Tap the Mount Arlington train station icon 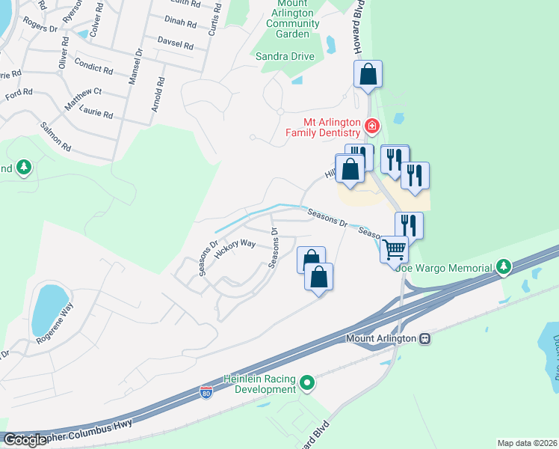point(425,338)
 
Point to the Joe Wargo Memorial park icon point(504,267)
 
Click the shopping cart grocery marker point(394,248)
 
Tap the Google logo point(25,440)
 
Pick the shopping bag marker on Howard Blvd point(368,75)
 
